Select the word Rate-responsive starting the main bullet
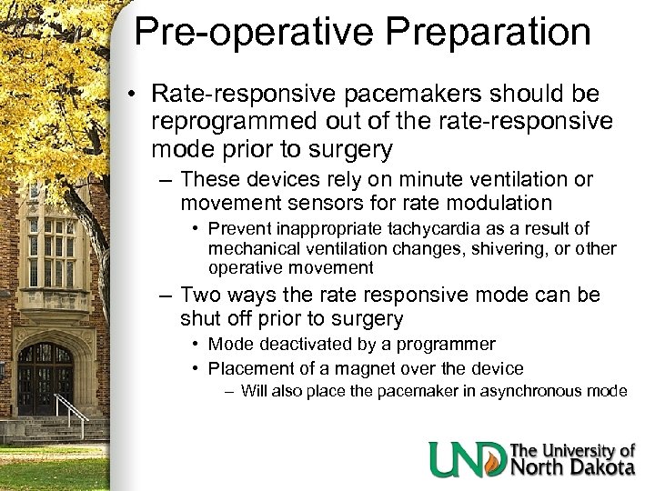[x=235, y=94]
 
